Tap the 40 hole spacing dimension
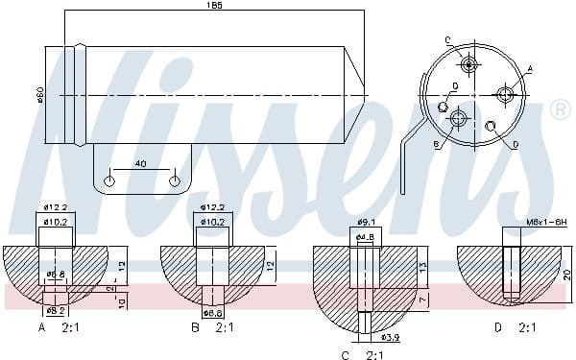click(142, 164)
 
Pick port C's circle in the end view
click(469, 65)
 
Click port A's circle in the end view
click(505, 93)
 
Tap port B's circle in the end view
click(458, 119)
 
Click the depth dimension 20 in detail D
click(567, 275)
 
